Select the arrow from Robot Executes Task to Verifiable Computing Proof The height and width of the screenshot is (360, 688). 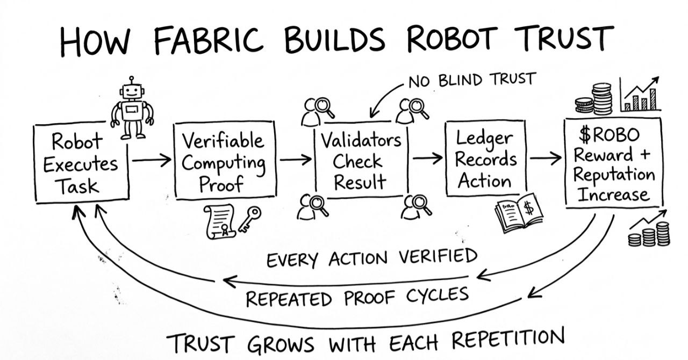(151, 160)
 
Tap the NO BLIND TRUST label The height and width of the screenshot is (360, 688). (471, 81)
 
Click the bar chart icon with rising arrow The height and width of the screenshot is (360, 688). (640, 95)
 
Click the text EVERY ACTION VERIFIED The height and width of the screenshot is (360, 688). (372, 258)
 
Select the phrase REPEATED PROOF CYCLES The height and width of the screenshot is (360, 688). (357, 296)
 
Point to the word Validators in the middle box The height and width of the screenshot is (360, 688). (361, 141)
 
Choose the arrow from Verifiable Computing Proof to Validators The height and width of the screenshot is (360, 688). (295, 159)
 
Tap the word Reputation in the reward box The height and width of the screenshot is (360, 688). (614, 175)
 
